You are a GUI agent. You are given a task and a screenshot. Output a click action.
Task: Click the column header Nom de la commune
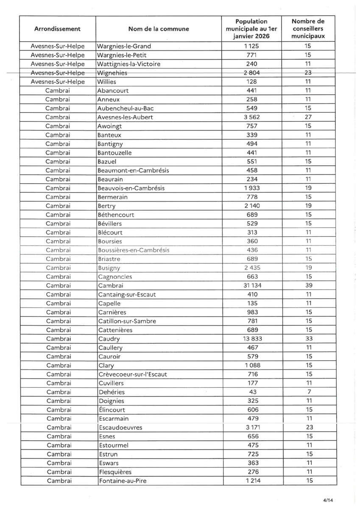coord(159,29)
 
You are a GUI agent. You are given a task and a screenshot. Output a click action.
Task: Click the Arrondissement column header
coord(58,29)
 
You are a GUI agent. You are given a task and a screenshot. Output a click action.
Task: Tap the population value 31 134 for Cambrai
coord(252,285)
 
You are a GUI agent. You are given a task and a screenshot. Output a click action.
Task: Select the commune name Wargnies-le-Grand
coord(124,46)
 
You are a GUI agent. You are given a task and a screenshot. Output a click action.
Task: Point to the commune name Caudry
coord(109,339)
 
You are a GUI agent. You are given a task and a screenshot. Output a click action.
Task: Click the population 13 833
coord(252,339)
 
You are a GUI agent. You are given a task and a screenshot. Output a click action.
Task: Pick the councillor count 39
coord(309,285)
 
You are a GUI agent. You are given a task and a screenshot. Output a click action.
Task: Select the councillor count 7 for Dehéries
coord(309,392)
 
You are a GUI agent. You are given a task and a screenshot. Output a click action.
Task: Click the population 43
coord(252,392)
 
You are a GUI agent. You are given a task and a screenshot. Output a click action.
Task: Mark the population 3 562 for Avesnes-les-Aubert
coord(252,117)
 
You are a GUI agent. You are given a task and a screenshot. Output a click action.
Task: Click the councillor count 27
coord(309,117)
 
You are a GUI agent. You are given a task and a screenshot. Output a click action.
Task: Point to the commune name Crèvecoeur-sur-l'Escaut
coord(133,374)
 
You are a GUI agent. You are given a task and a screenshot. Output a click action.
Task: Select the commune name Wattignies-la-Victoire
coord(129,64)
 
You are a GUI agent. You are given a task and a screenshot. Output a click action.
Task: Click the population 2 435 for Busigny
coord(252,268)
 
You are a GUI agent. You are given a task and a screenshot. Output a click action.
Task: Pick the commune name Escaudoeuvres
coord(120,428)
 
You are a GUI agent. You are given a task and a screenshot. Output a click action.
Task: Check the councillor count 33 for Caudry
coord(309,339)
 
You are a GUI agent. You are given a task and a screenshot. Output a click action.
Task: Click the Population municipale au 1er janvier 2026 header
coord(252,29)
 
